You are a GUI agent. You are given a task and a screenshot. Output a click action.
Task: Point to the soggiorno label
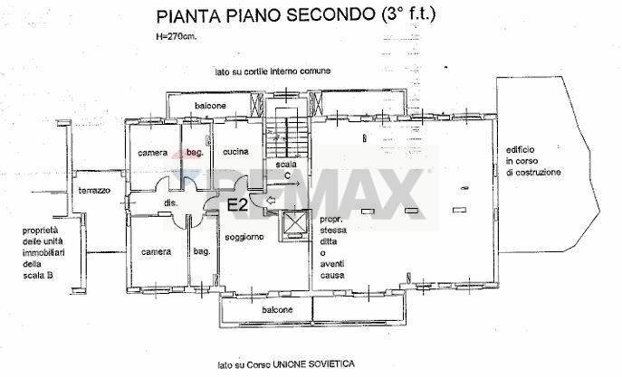(x=244, y=237)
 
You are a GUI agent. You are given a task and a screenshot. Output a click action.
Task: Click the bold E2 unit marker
(x=238, y=205)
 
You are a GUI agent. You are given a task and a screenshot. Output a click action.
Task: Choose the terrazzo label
(x=93, y=191)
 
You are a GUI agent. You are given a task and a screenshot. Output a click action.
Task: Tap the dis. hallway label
(x=170, y=203)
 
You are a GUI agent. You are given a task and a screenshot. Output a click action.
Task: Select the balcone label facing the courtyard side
(x=209, y=107)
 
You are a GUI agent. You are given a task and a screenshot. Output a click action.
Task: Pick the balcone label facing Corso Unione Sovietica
(x=278, y=310)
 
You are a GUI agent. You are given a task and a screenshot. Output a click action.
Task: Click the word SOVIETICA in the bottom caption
(x=329, y=365)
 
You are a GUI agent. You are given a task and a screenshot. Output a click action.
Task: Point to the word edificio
(x=522, y=150)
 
